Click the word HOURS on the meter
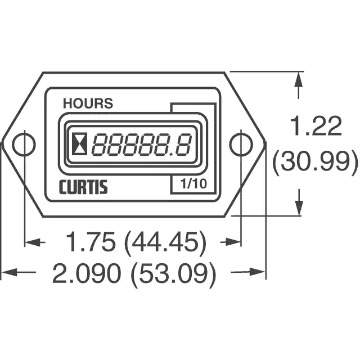[x=88, y=103]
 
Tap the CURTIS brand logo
[x=84, y=187]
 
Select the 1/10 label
[x=193, y=183]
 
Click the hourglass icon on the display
[x=80, y=144]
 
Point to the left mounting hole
[x=24, y=144]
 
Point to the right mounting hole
[x=241, y=144]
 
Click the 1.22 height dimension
[x=316, y=125]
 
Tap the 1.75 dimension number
[x=90, y=241]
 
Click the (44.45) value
[x=165, y=242]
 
